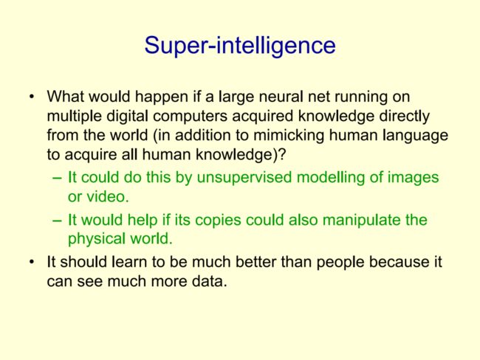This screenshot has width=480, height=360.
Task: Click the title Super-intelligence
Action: point(240,46)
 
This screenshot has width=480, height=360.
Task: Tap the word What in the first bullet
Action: point(65,97)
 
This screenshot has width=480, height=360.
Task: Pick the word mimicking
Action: point(289,136)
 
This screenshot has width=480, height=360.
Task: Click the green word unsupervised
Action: point(244,177)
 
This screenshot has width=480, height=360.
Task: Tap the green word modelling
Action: point(330,177)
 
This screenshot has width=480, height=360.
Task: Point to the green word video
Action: point(108,196)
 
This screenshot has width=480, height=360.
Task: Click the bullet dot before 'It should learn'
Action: point(32,263)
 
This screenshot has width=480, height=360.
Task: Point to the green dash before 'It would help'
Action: point(58,221)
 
